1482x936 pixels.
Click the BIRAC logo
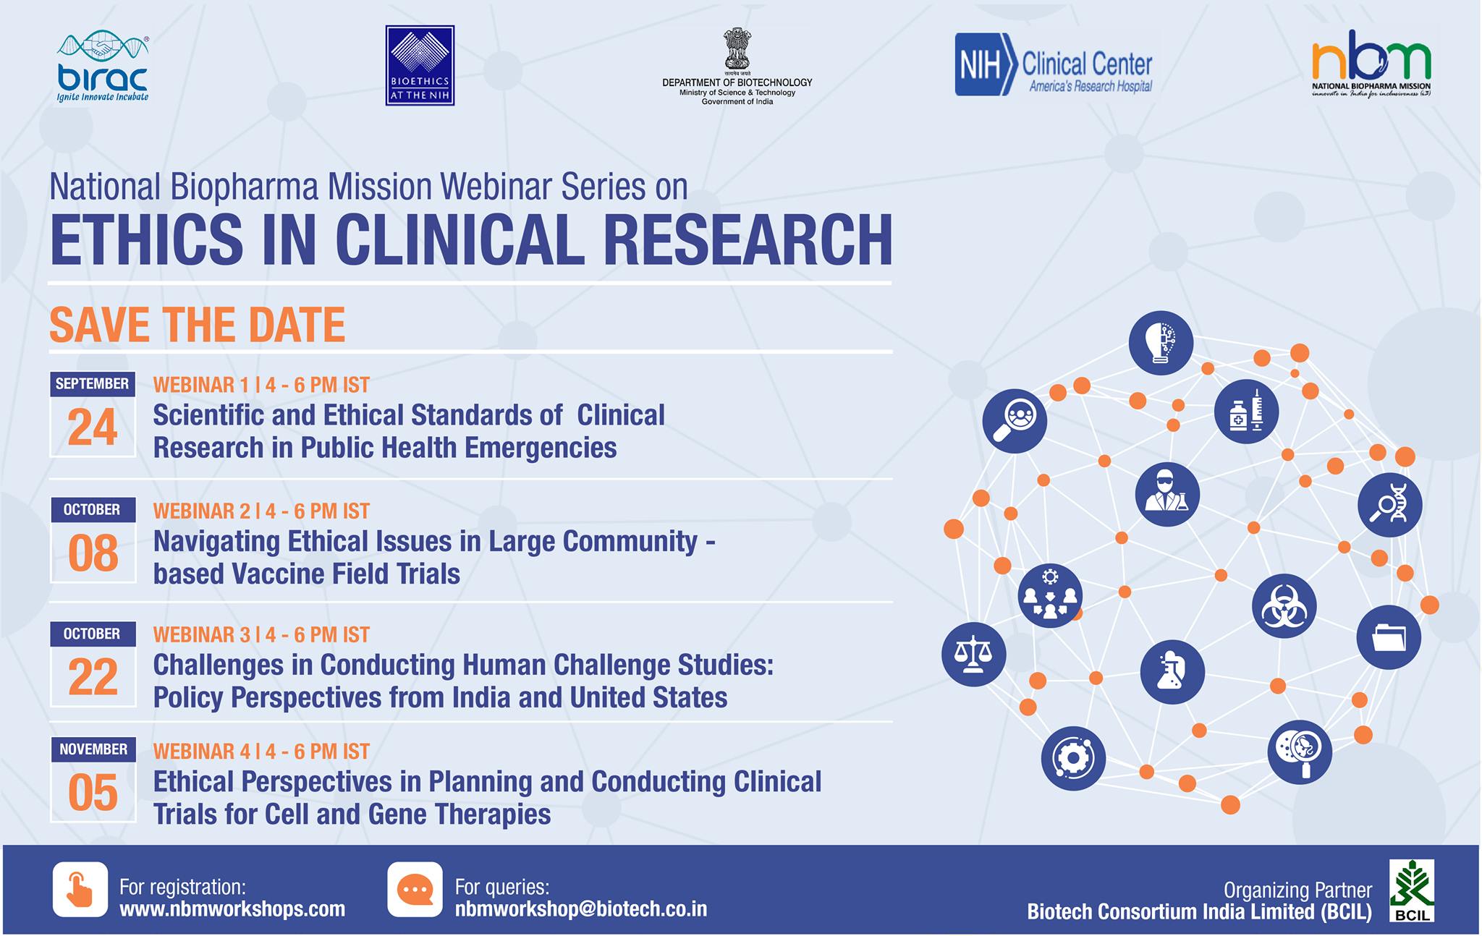103,67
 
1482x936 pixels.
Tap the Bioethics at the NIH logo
420,66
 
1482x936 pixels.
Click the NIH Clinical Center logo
1054,64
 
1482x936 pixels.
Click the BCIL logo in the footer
1411,890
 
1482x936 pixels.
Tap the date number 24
93,428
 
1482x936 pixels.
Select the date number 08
93,554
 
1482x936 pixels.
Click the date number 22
93,678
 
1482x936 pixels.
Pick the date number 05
93,794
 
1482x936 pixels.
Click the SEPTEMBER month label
93,384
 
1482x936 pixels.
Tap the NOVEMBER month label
93,749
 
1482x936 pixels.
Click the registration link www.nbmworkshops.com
232,909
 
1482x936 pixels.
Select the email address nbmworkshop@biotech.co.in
581,909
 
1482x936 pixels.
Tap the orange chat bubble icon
415,889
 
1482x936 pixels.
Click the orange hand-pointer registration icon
80,889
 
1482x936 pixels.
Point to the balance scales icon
973,655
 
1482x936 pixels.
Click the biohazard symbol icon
1284,606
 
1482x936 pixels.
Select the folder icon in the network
1389,637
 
